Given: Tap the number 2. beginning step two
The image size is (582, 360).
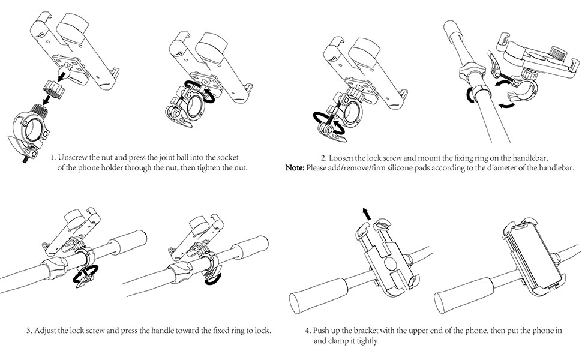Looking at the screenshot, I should coord(324,157).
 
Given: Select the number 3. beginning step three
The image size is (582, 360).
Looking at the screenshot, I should coord(29,330).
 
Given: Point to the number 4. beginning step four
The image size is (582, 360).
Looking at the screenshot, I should coord(308,330).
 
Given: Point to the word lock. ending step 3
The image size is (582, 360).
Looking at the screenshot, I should coord(263,330).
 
